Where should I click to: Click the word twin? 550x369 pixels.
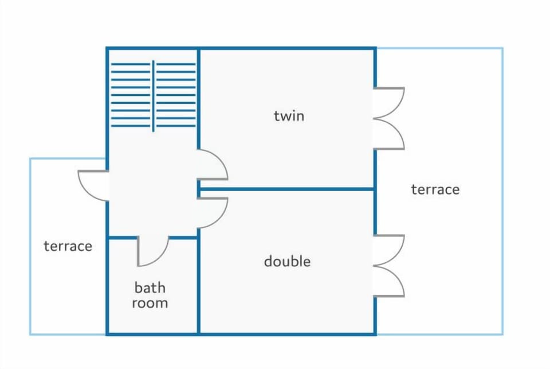pyautogui.click(x=289, y=116)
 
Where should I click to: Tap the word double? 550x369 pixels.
pyautogui.click(x=287, y=261)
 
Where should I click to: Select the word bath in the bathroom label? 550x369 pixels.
pyautogui.click(x=150, y=288)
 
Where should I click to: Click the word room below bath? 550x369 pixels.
pyautogui.click(x=150, y=303)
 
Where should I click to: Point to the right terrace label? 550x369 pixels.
pyautogui.click(x=435, y=189)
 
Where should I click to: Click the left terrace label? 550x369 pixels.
pyautogui.click(x=68, y=246)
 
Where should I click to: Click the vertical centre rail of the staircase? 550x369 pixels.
pyautogui.click(x=154, y=96)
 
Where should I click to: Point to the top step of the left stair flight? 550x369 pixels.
pyautogui.click(x=131, y=64)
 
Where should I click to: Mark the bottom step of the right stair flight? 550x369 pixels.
pyautogui.click(x=176, y=126)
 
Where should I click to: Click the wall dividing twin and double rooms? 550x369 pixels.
pyautogui.click(x=286, y=189)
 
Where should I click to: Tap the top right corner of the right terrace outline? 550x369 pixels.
pyautogui.click(x=502, y=48)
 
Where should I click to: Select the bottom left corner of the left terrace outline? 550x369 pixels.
pyautogui.click(x=30, y=334)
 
